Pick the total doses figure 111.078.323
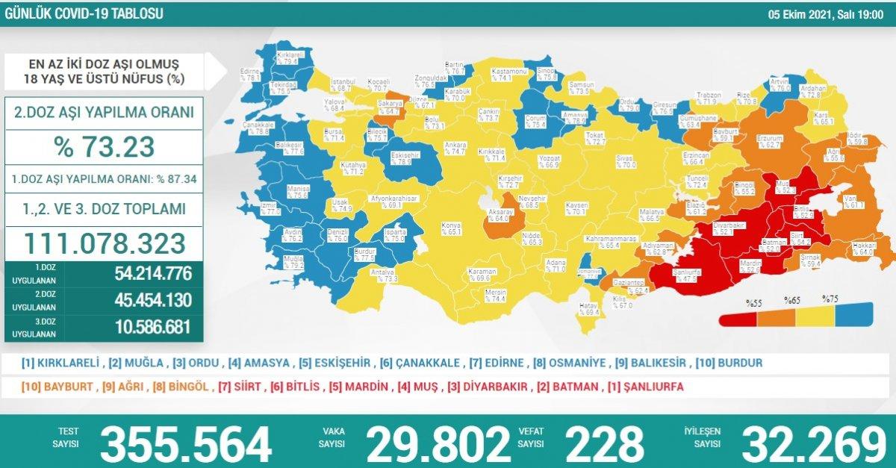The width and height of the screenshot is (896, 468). [x=104, y=243]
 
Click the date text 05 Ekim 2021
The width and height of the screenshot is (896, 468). [x=806, y=14]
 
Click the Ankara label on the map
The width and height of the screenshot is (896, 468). [x=455, y=147]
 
